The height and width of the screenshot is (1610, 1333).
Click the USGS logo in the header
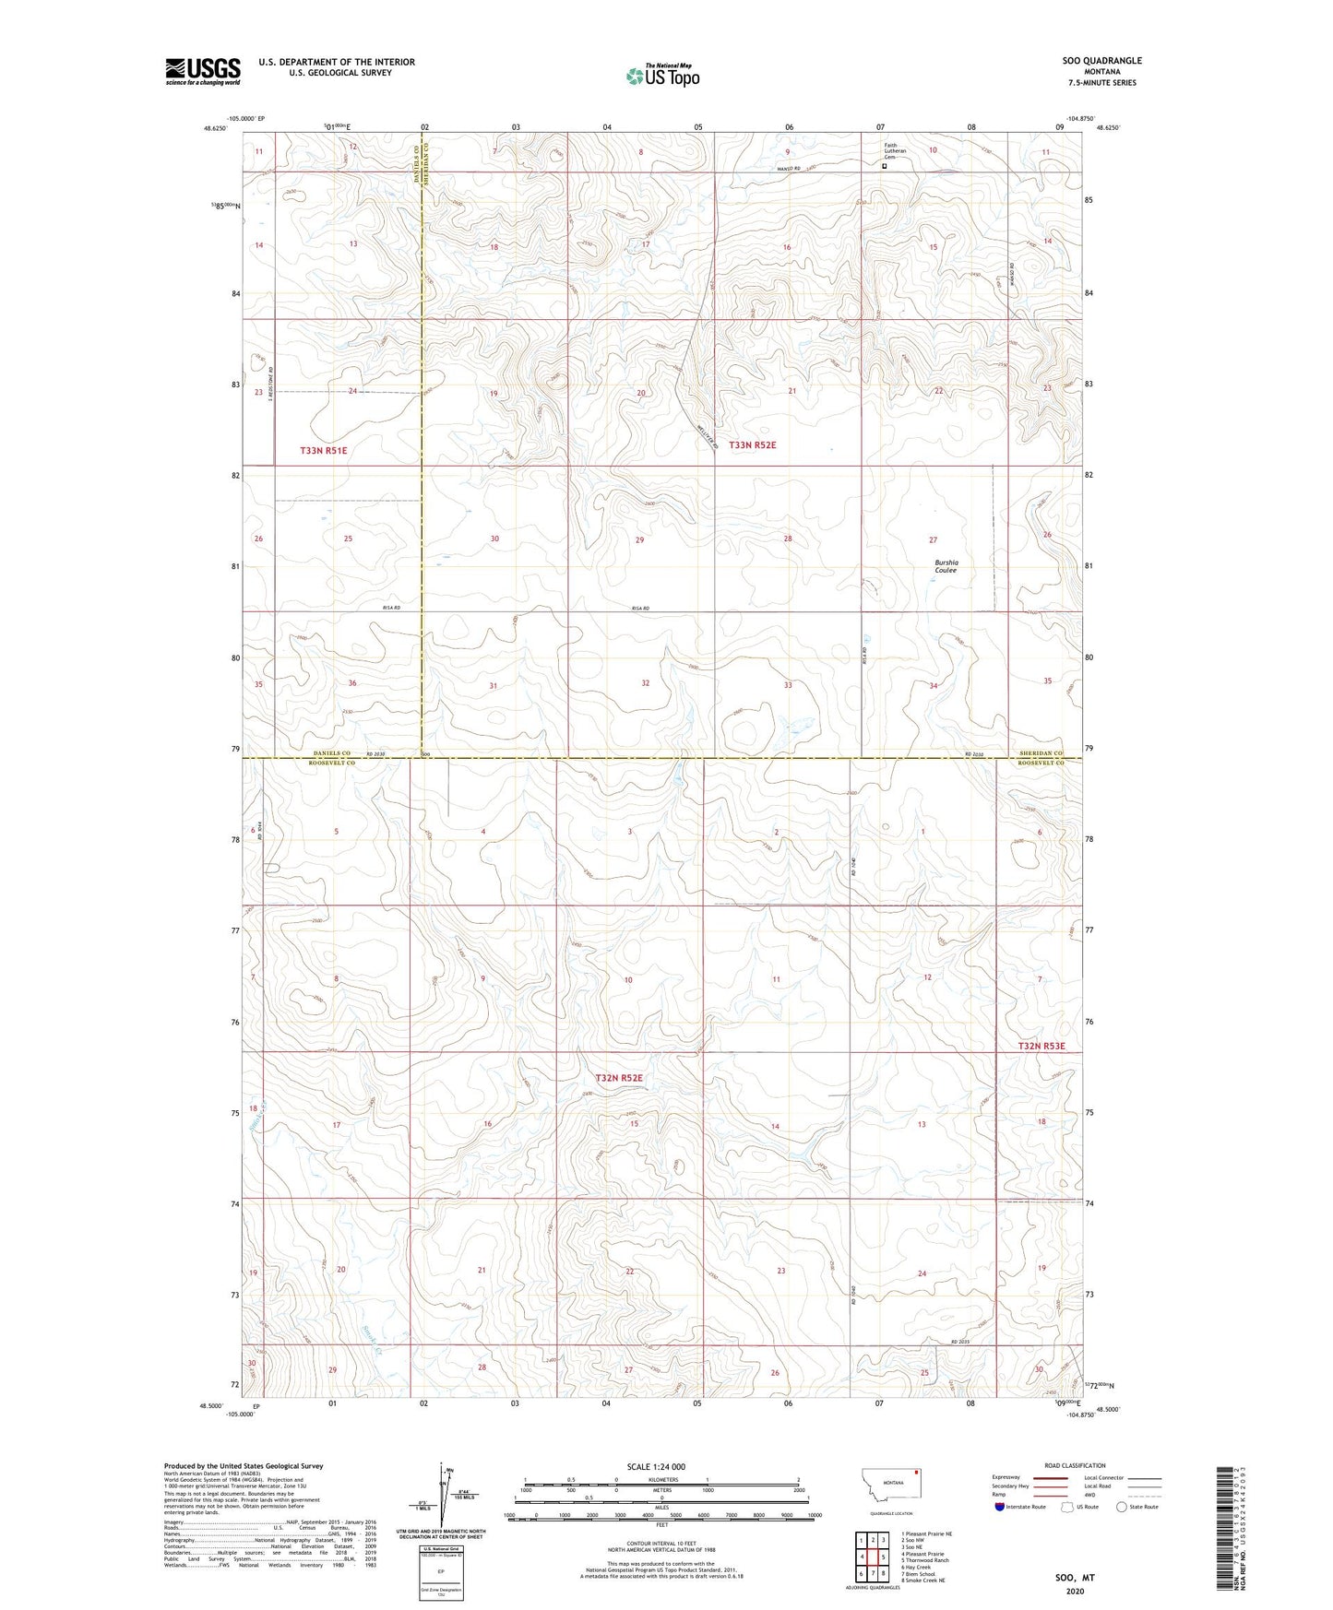202,71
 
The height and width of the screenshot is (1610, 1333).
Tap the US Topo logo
661,77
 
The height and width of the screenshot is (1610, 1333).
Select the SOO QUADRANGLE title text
1101,61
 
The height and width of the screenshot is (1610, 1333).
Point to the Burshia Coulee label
946,566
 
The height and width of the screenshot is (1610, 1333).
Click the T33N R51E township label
323,450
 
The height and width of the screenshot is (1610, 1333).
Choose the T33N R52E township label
752,445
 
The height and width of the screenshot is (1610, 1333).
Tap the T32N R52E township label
618,1078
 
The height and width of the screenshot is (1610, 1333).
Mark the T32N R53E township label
1041,1046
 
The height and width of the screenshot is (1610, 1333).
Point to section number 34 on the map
934,686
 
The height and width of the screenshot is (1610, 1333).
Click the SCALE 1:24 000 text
656,1466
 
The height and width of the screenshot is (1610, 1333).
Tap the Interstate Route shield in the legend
1001,1507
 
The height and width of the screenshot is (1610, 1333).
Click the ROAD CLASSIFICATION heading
1075,1465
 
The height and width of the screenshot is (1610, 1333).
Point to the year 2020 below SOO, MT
1074,1591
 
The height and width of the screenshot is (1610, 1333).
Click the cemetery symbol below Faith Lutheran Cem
885,167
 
